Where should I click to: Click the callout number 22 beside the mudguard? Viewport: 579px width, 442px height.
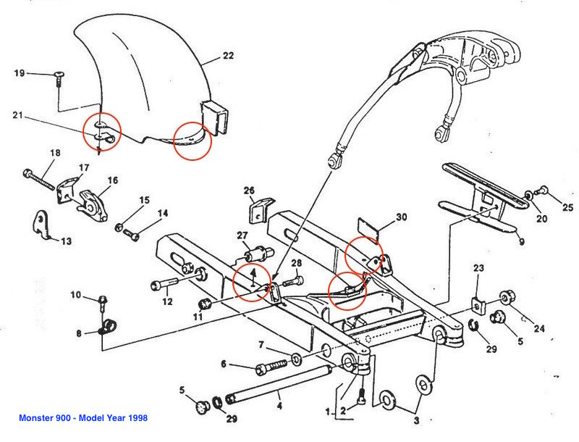[x=228, y=57]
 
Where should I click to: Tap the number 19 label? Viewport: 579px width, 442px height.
[x=20, y=73]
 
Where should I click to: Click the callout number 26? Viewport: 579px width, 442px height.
[x=250, y=191]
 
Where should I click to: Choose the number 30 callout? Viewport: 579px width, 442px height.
[x=401, y=217]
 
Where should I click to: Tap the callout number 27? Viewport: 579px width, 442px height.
[x=242, y=235]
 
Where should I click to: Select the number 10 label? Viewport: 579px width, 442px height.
[x=76, y=295]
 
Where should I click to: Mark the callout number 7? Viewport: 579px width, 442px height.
[x=261, y=345]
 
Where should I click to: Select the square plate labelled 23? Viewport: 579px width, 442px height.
[x=478, y=303]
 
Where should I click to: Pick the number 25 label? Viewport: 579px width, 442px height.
[x=568, y=207]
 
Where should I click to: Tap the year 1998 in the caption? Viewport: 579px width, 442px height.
[x=136, y=418]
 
